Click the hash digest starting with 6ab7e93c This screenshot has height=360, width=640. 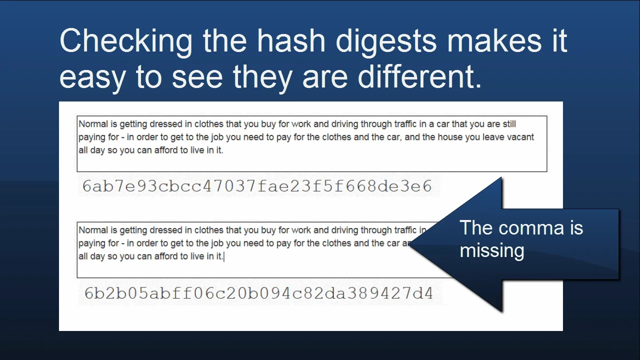coord(257,186)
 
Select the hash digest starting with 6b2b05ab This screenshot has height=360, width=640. coord(258,293)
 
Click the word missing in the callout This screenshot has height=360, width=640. coord(492,250)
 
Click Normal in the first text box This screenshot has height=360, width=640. coord(93,124)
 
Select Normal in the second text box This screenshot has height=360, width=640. coord(93,230)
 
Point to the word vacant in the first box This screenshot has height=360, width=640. coord(520,137)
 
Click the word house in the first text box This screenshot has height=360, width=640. coord(450,137)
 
